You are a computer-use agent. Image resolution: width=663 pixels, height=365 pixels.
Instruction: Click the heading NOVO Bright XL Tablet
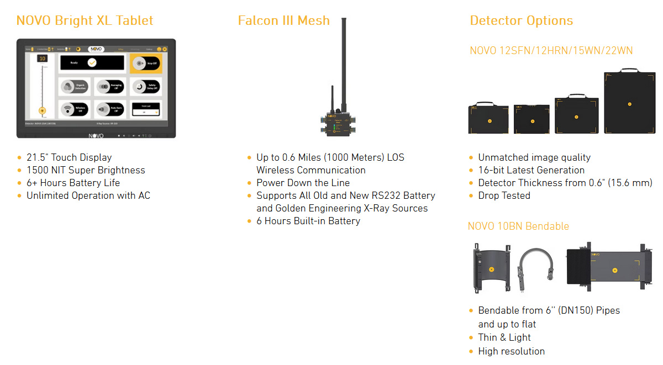click(85, 21)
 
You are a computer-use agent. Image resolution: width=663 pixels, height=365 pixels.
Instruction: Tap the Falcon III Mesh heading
click(283, 21)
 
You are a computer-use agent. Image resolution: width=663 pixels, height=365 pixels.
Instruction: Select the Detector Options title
click(521, 21)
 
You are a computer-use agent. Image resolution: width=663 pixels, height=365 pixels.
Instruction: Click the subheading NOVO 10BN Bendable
click(518, 226)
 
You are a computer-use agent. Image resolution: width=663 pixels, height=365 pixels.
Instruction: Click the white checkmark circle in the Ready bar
click(92, 63)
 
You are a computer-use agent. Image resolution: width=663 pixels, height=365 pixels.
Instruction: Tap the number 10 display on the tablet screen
click(43, 59)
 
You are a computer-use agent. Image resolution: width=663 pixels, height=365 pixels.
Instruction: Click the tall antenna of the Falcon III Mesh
click(344, 61)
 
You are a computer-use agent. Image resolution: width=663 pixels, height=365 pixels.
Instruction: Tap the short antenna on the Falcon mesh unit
click(332, 99)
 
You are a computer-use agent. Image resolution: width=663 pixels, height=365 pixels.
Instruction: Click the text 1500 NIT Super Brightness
click(86, 170)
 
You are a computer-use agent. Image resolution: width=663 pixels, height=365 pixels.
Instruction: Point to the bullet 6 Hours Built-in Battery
click(308, 221)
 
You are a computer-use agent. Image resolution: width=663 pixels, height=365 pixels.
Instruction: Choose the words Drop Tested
click(504, 195)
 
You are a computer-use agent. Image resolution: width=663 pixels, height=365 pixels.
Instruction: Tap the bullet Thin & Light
click(504, 337)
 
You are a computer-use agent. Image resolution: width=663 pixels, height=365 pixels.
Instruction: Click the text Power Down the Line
click(303, 183)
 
